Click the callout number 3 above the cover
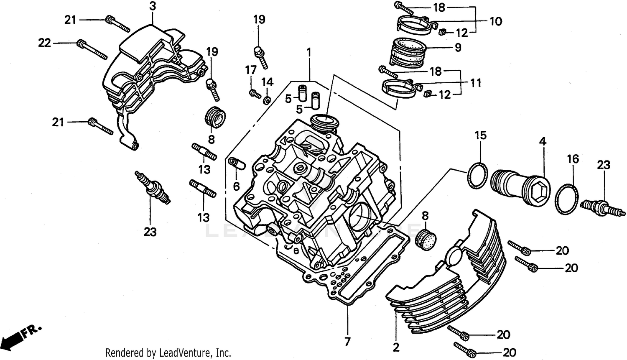coord(153,7)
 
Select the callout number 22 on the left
coord(45,43)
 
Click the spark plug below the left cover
coord(153,188)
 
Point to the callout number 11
coord(475,83)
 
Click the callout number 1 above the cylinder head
coord(309,53)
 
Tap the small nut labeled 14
coord(266,100)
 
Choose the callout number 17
coord(251,70)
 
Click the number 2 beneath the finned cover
coord(396,347)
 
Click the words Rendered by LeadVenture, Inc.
coord(168,353)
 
